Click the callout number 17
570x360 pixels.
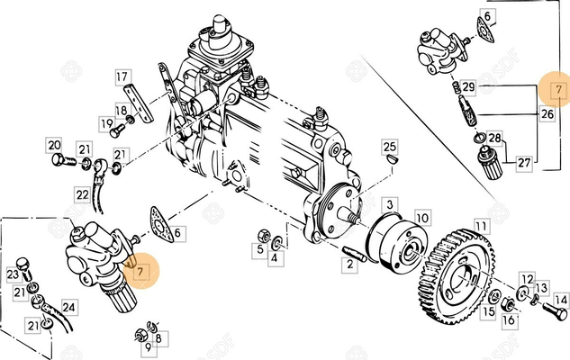122,77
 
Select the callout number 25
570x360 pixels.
389,146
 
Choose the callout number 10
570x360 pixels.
421,218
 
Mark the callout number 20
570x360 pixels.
54,145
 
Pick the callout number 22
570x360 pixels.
82,194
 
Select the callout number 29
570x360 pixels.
468,86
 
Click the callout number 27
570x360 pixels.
523,163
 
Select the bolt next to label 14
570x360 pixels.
552,313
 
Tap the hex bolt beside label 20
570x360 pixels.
61,161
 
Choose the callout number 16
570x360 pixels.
509,319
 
